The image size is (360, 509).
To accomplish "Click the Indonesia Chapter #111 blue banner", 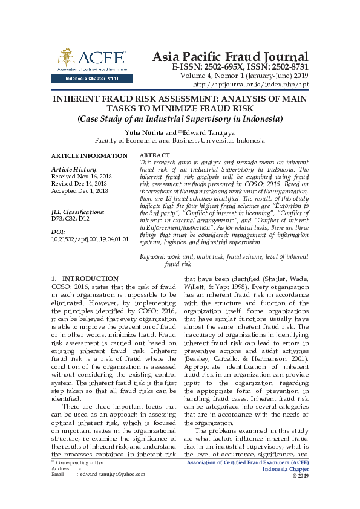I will coord(88,79).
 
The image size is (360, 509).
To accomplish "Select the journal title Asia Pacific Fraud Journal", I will coord(230,56).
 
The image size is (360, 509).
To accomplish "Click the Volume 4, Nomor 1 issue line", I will coord(243,76).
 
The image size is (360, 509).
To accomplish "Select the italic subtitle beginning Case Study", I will coord(180,118).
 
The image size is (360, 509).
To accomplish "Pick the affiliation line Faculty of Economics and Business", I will coord(180,140).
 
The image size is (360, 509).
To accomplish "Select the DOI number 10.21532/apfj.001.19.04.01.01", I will coord(90,239).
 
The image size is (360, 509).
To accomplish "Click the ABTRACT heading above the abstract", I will coord(155,156).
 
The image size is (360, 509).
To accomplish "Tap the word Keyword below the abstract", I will coord(152,258).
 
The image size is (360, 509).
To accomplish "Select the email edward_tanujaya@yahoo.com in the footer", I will coord(111,475).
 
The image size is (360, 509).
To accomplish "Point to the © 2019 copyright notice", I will coord(300,476).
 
